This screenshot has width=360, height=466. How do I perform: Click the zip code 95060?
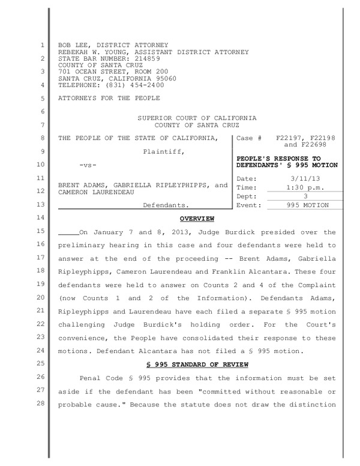(x=164, y=78)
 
